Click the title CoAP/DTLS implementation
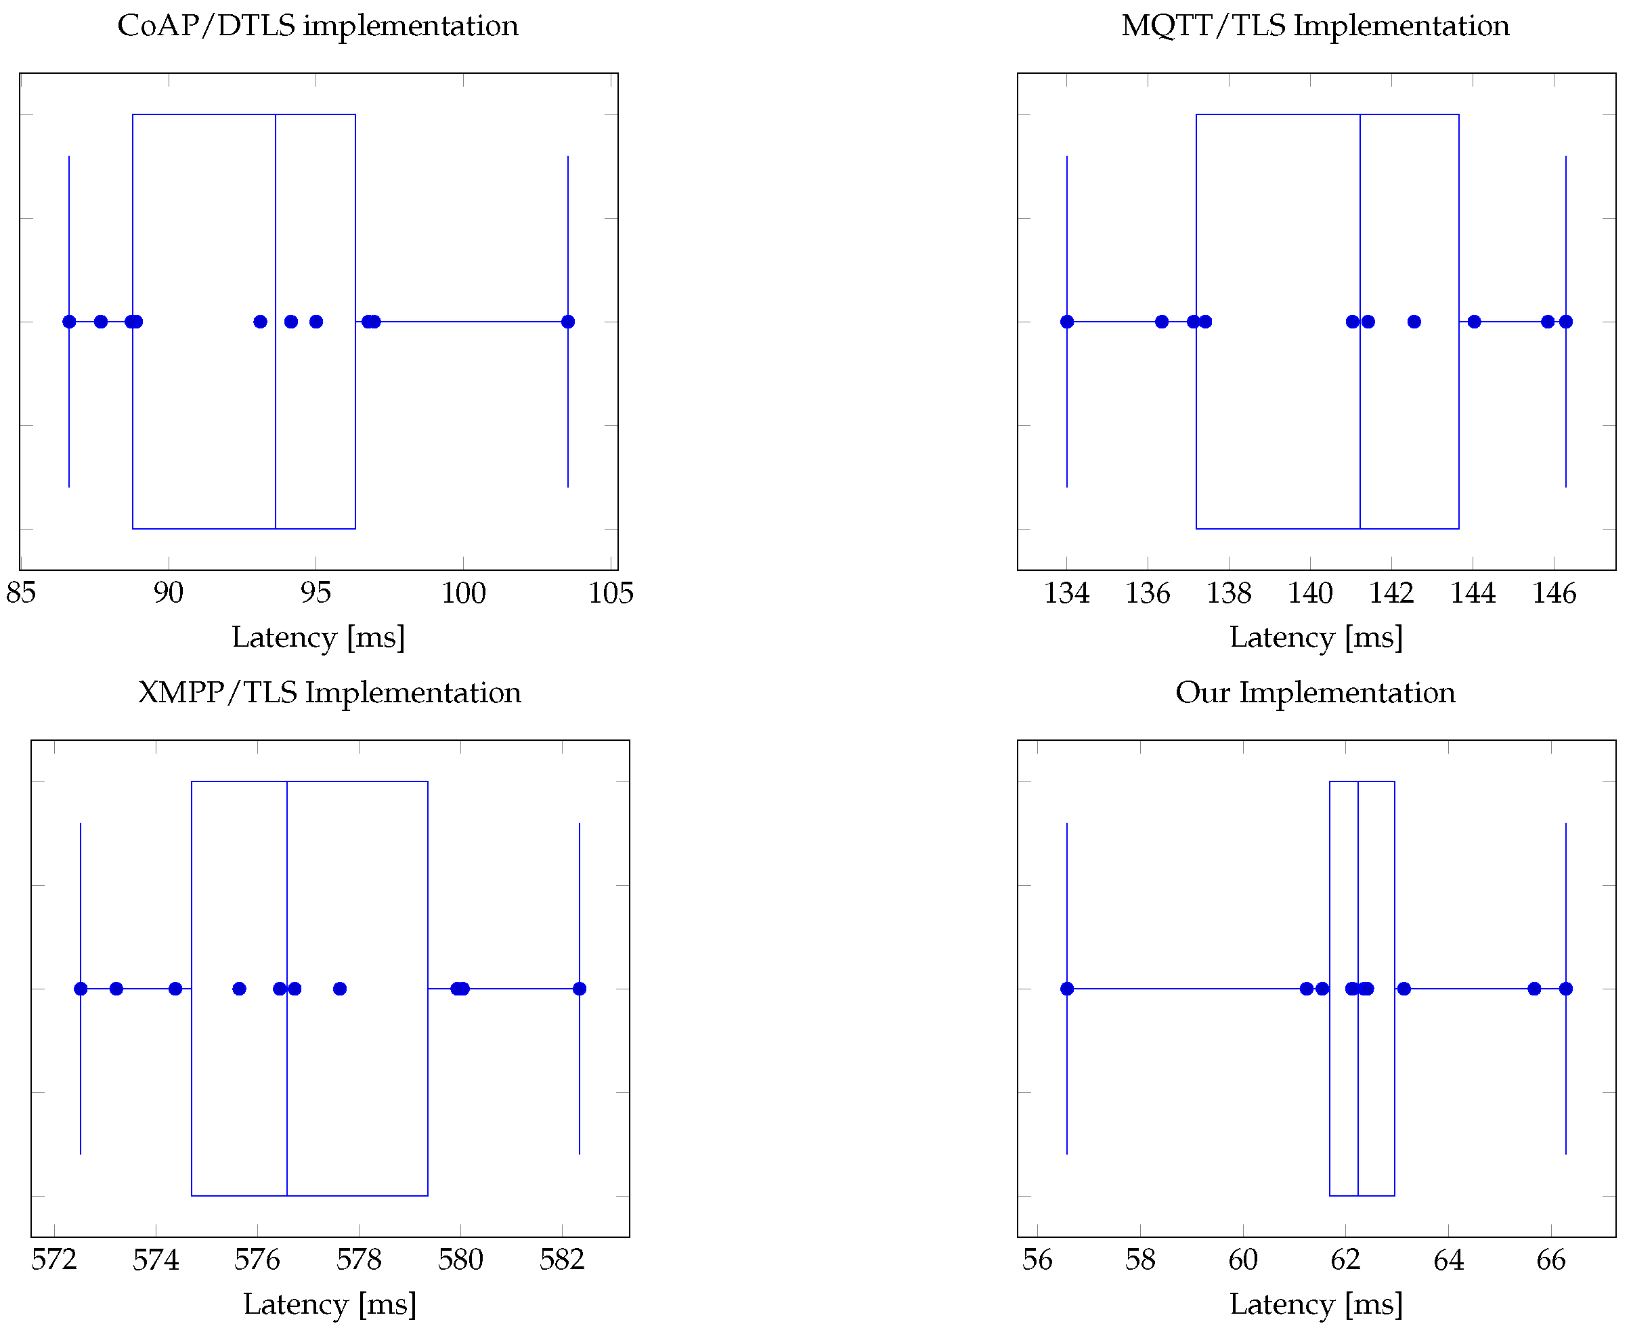317,26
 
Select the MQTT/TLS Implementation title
1315,26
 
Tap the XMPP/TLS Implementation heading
330,693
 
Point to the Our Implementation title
1315,693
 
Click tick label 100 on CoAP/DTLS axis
462,593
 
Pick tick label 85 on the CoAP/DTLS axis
21,593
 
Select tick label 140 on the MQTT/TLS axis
1310,593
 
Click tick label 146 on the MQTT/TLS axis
1554,593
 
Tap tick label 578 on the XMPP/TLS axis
359,1260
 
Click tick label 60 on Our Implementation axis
1242,1260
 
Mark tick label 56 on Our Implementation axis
1037,1260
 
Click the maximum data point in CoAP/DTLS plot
567,322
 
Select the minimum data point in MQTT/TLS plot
1067,322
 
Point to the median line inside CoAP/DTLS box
276,230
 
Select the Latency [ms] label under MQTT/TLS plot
1315,637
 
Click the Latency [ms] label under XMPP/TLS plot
330,1305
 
